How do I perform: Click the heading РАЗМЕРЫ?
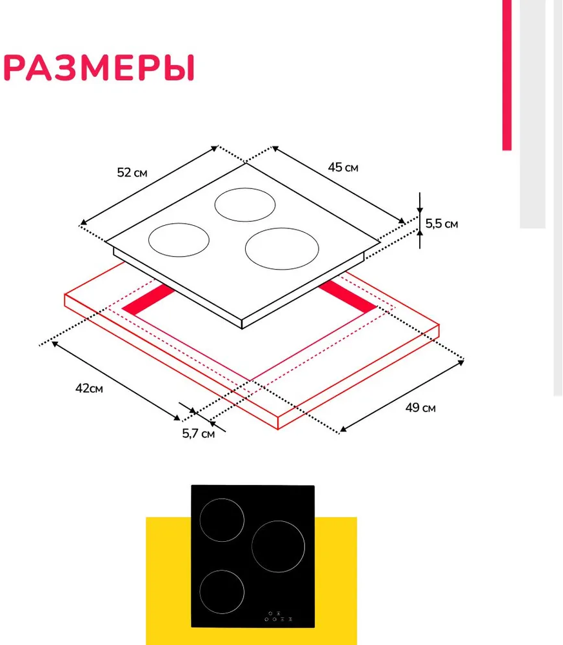coord(99,68)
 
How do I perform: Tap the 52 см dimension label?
coord(132,172)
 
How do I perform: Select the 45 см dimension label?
coord(343,168)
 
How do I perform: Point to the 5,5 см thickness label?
coord(441,224)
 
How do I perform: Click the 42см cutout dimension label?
coord(89,388)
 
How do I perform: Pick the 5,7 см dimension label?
coord(198,433)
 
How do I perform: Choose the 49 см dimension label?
coord(420,408)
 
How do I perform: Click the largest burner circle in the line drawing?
coord(245,249)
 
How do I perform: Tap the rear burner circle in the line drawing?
coord(215,205)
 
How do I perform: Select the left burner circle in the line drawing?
coord(148,240)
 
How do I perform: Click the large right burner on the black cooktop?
coord(252,546)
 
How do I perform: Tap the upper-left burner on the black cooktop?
coord(200,520)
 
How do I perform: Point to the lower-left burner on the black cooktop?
coord(200,592)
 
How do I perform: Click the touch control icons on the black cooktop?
coord(279,616)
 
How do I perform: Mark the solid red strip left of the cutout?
coord(149,300)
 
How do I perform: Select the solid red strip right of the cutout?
coord(348,296)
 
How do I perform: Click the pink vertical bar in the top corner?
coord(507,75)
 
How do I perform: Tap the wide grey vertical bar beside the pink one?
coord(533,114)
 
